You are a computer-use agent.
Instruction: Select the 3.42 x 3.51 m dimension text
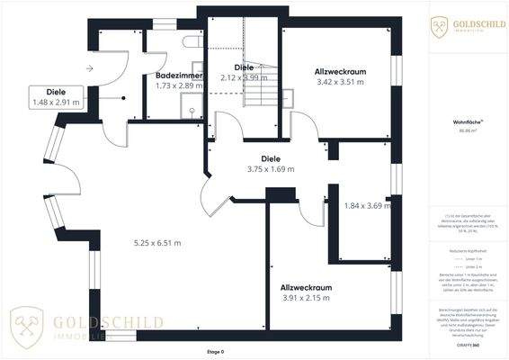340,82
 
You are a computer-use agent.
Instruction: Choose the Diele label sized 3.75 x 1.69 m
271,158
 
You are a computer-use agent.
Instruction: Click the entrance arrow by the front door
91,67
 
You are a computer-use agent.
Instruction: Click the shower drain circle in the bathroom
191,112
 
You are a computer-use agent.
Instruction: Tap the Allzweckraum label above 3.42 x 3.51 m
340,70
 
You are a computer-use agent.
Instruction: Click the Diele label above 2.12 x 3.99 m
244,67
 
